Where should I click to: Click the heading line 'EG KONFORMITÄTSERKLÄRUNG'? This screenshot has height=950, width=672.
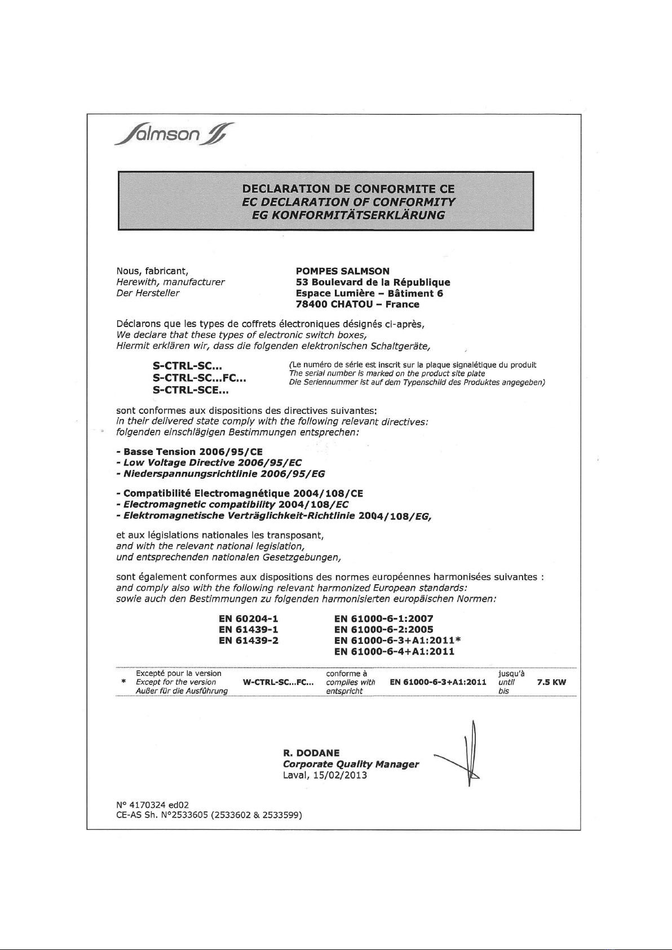[x=349, y=215]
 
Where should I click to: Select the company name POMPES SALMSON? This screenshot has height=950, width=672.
[x=343, y=271]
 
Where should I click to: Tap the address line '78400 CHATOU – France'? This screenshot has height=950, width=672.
[x=357, y=304]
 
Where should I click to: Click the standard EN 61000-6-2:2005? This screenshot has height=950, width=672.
[x=383, y=630]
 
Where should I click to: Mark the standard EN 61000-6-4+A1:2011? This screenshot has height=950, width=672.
[x=394, y=652]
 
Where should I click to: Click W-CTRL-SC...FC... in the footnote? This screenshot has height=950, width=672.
[x=278, y=682]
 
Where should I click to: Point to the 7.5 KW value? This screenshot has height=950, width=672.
[x=551, y=682]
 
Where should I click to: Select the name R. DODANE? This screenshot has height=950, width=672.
[x=311, y=753]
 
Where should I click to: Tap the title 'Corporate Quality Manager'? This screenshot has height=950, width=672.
[x=351, y=765]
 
